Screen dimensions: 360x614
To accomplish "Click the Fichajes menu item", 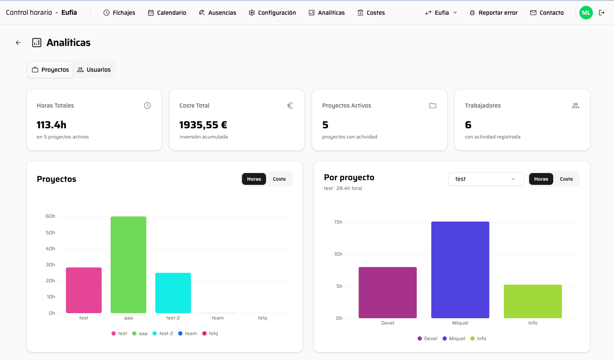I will coord(120,13).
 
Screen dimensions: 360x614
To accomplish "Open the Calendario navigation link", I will coord(167,13).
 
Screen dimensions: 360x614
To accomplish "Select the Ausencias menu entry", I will coord(217,13).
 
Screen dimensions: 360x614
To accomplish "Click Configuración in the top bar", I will coord(272,13).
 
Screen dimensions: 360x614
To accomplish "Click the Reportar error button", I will coord(494,13).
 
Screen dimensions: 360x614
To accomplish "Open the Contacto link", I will coord(547,13).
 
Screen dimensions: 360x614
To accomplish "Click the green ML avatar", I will coord(586,13).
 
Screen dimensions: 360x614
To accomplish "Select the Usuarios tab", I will coord(94,70).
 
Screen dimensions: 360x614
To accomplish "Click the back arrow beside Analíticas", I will coord(18,43).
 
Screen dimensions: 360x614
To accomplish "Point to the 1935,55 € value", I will coord(203,125).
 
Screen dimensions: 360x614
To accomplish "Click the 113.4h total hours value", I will coord(52,125).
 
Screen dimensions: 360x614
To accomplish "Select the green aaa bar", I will coord(128,265).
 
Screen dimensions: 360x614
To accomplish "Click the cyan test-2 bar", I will coord(173,293).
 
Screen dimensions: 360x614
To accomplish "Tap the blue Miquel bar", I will coord(460,270).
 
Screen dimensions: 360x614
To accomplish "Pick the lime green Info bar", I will coord(532,301).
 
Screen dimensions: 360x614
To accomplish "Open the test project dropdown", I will coord(486,179).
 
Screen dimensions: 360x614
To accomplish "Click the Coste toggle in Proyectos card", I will coord(279,179).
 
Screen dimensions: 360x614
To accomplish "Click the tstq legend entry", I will coord(210,333).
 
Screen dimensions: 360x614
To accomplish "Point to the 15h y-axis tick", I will coord(338,222).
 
